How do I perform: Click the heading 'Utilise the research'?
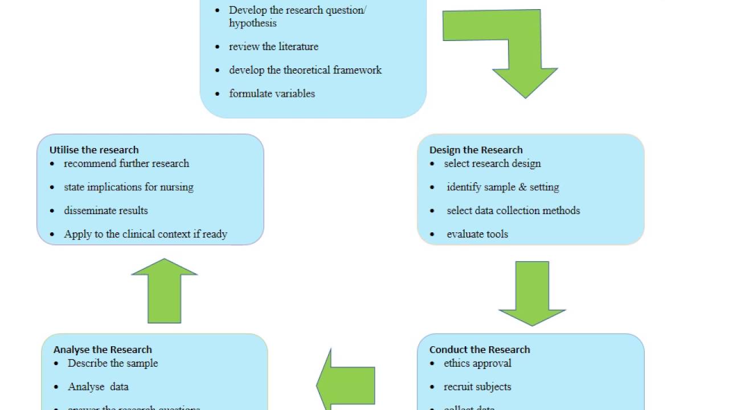[x=94, y=150]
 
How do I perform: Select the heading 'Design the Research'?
[x=476, y=150]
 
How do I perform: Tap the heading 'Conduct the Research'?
[x=480, y=350]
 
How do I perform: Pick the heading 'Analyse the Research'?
[x=103, y=350]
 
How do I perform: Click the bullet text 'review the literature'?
[x=273, y=47]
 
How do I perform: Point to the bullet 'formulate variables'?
[x=272, y=93]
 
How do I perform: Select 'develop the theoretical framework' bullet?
[x=305, y=70]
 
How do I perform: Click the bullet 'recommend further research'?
[x=126, y=163]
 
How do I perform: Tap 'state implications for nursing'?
[x=129, y=187]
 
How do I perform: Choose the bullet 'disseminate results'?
[x=106, y=211]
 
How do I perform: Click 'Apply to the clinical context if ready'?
[x=145, y=234]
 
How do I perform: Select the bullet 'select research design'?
[x=492, y=163]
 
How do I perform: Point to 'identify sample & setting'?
[x=503, y=187]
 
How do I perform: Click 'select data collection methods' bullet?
[x=513, y=211]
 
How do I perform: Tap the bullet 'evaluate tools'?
[x=477, y=234]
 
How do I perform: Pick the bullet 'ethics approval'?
[x=477, y=363]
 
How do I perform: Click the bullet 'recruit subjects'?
[x=477, y=387]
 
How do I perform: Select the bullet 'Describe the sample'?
[x=113, y=363]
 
